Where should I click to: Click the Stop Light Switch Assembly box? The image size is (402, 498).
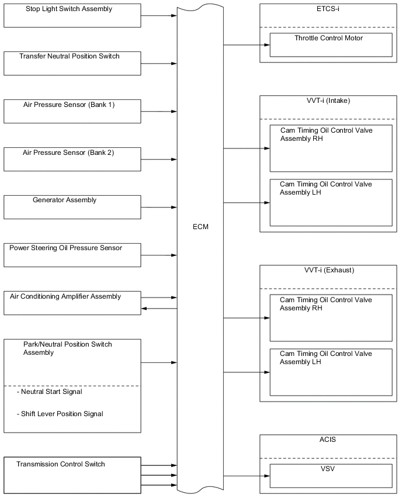(72, 15)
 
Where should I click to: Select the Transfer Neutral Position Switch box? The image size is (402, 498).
(72, 63)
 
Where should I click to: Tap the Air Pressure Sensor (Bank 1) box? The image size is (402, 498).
(72, 111)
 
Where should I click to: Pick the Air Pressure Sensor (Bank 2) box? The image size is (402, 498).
(72, 159)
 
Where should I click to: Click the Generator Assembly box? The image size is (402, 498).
(72, 207)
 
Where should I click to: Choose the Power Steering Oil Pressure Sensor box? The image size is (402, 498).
(72, 255)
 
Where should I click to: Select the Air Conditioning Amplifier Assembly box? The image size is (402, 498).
(72, 303)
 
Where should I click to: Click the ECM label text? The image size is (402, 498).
(200, 227)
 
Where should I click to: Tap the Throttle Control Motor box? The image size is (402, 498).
(331, 44)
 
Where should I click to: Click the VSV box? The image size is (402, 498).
(331, 475)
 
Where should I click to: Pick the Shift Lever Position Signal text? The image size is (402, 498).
(62, 414)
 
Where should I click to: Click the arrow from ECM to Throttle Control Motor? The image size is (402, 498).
(246, 44)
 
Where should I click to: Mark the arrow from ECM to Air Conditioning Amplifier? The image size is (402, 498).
(158, 308)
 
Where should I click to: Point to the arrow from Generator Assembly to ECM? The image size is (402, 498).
(158, 207)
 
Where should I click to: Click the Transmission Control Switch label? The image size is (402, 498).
(61, 464)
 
